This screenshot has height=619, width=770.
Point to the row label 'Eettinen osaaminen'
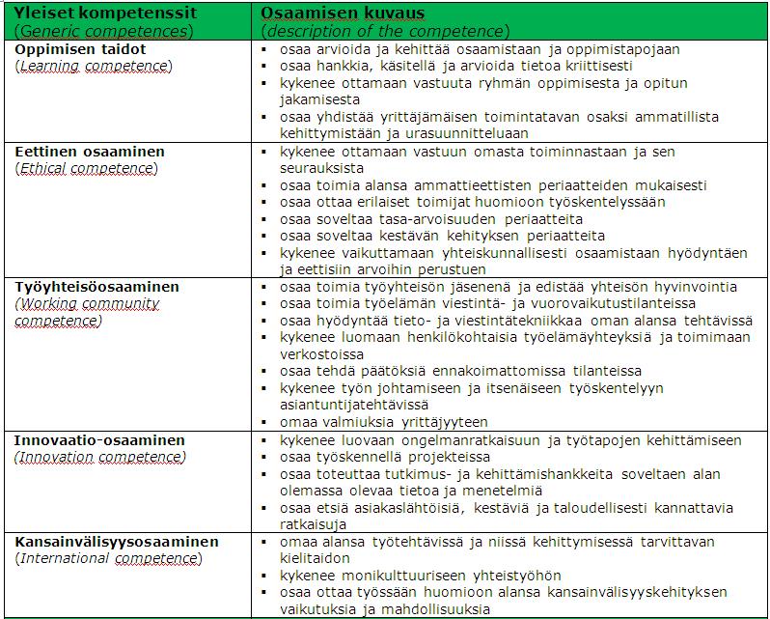coord(89,152)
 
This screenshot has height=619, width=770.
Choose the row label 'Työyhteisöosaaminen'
coord(96,287)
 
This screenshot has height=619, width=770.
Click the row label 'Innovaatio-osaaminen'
coord(99,440)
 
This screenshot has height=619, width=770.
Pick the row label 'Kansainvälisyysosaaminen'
coord(117,542)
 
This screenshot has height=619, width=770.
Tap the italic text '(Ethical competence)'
coord(87,169)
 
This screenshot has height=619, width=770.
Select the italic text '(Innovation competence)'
coord(98,457)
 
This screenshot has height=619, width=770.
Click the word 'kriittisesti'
coord(591,66)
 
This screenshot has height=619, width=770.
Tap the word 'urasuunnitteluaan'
coord(467,133)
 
